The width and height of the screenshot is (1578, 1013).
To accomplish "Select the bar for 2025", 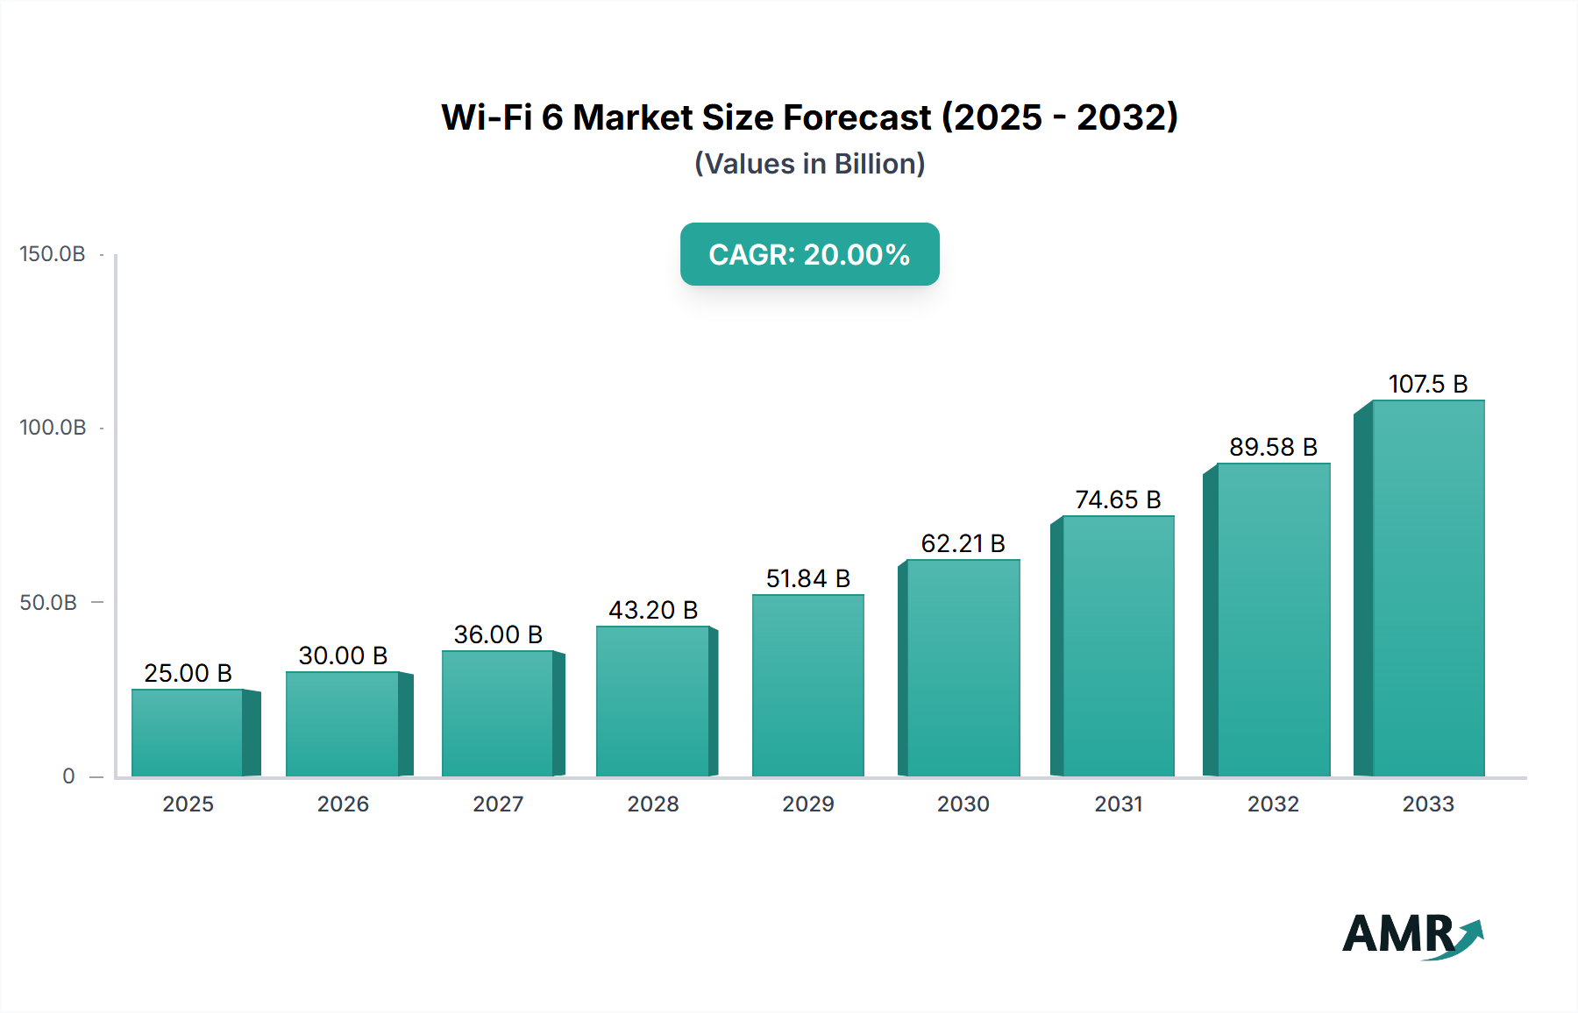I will point(188,733).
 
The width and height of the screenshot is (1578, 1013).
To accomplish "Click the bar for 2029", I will point(807,685).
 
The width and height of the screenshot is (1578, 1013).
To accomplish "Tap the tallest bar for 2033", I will point(1427,588).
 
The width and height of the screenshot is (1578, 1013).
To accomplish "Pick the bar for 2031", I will point(1118,646).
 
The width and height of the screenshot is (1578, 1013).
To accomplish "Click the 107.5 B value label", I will point(1427,384).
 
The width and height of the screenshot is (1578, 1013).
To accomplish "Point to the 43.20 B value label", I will point(653,610).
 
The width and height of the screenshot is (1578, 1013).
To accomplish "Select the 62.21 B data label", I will point(963,543).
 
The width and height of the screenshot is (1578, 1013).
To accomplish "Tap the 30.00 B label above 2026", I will point(343,655).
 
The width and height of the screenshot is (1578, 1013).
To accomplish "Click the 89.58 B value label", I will point(1273,447).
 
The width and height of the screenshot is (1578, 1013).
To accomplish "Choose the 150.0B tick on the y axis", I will point(53,254).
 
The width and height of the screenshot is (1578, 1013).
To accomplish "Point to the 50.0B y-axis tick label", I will point(48,603).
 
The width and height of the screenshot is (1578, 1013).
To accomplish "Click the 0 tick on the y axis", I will point(68,776).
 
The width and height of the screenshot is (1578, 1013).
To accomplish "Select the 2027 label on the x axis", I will point(498,804).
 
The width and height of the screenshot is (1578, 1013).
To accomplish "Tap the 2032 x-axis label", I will point(1273,804).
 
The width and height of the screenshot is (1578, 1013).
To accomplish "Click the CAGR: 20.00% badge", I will point(809,254).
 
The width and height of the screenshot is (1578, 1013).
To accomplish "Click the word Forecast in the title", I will point(857,117).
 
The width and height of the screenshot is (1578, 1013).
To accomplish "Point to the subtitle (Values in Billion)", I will point(809,164).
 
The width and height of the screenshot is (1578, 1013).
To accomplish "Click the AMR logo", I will point(1411,935).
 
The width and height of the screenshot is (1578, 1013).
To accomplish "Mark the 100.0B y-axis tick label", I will point(53,428).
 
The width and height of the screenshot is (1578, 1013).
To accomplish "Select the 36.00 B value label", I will point(498,634).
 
